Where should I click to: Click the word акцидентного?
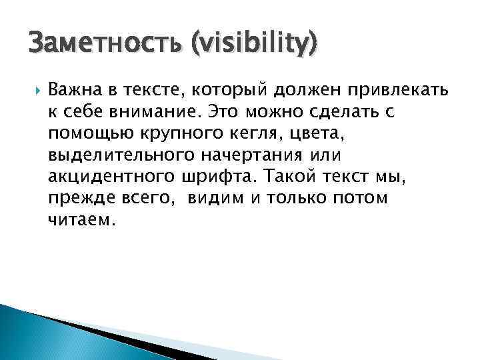(109, 177)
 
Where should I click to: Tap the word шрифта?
(217, 177)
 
